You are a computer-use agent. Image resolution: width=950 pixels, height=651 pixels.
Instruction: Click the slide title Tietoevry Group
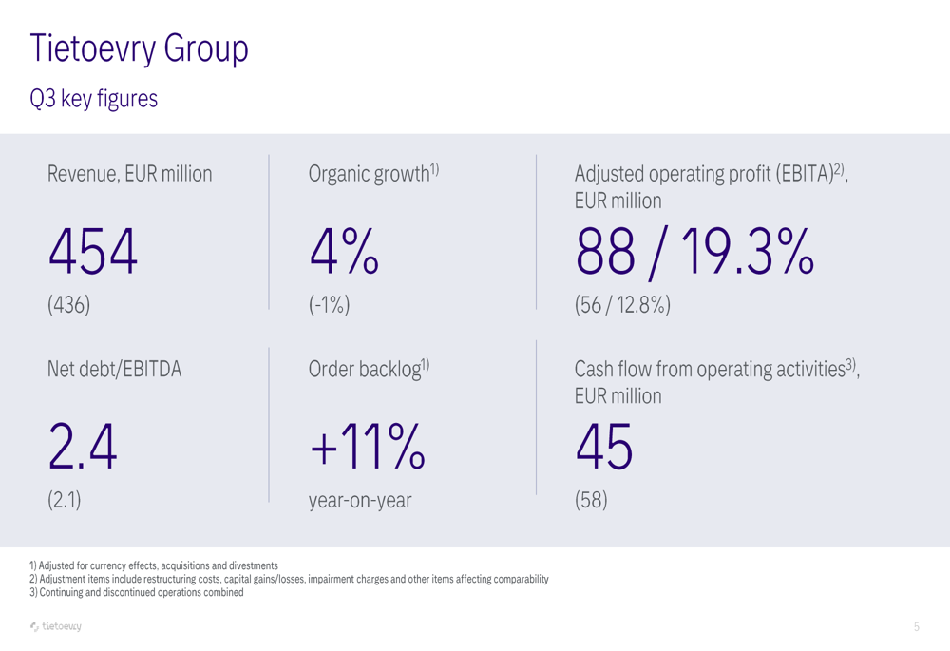pos(139,48)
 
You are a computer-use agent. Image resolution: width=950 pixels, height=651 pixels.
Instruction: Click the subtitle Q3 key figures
pos(93,98)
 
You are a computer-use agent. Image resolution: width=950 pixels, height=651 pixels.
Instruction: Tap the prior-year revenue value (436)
pos(68,304)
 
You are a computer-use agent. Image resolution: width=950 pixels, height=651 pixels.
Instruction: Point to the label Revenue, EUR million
pos(130,175)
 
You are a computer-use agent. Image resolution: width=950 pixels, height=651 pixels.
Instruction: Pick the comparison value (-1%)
pos(330,304)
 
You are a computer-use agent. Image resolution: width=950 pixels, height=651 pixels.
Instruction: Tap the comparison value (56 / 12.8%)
pos(622,304)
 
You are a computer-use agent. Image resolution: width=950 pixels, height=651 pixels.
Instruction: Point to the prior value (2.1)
pos(64,501)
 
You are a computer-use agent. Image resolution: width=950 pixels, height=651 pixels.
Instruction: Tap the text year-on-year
pos(360,501)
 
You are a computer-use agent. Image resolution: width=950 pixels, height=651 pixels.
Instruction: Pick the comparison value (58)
pos(591,501)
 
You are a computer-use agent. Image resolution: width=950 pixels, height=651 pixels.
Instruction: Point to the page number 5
pos(917,626)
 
